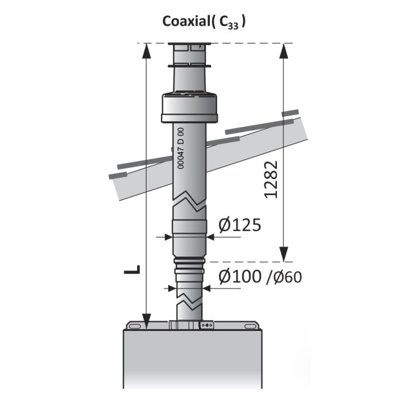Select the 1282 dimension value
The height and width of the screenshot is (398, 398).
(x=271, y=180)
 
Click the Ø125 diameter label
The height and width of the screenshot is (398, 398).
(x=239, y=225)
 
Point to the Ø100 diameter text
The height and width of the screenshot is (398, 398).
(x=239, y=276)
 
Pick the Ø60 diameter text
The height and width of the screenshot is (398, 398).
(x=288, y=277)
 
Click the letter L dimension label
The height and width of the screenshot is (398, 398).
(x=132, y=270)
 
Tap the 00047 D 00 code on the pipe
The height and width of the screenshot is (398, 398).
(x=180, y=148)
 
